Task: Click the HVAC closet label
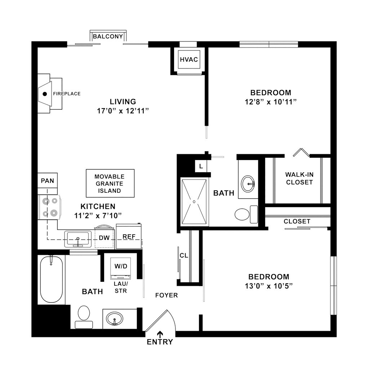tap(189, 59)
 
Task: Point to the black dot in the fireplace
tap(45, 94)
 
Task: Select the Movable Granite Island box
tap(110, 183)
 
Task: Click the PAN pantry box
tap(47, 181)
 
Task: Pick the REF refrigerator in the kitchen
tap(129, 236)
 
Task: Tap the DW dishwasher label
tap(104, 237)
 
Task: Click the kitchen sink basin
tap(78, 239)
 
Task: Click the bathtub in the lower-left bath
tap(51, 279)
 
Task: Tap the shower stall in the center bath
tap(194, 202)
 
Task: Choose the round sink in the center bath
tap(248, 183)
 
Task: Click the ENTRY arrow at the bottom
tap(160, 334)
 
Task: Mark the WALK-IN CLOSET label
tap(299, 178)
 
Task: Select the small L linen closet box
tap(201, 166)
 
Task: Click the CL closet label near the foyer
tap(184, 255)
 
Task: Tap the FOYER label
tap(166, 295)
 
